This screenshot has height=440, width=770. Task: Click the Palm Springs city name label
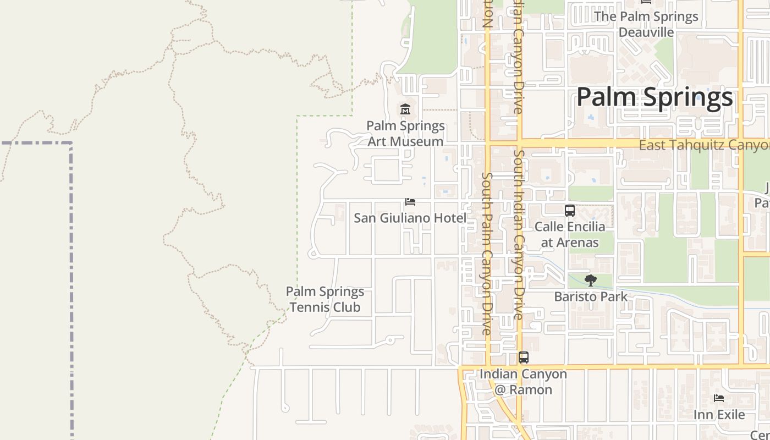pos(654,97)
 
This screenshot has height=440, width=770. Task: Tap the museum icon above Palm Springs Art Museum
pos(405,109)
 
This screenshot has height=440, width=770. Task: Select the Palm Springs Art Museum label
pos(405,134)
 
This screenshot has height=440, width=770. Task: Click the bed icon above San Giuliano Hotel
pos(410,202)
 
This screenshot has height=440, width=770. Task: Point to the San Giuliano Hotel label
pos(410,218)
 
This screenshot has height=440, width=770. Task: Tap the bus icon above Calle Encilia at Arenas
pos(570,210)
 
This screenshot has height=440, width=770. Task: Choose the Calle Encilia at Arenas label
pos(570,234)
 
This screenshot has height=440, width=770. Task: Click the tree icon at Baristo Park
pos(591,280)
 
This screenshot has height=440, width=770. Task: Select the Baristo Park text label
pos(591,296)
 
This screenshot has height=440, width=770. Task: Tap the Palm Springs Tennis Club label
pos(325,299)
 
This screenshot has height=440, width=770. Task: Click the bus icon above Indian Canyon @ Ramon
pos(524,358)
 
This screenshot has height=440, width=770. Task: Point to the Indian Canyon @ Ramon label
pos(523,382)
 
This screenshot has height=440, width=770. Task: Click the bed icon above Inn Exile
pos(719,398)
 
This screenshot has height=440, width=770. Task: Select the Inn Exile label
pos(719,414)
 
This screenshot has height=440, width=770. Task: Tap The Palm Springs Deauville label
pos(646,24)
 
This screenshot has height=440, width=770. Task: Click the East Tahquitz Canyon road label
pos(704,145)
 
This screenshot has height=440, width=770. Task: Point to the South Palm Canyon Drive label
pos(487,253)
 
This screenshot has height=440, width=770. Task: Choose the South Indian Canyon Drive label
pos(518,234)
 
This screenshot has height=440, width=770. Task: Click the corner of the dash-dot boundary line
pos(71,143)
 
